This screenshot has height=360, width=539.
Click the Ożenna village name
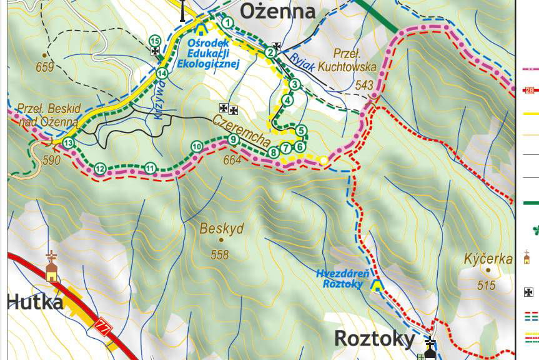tap(277, 11)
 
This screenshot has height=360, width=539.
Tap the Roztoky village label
tap(374, 338)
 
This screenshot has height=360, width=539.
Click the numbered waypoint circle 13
tap(68, 143)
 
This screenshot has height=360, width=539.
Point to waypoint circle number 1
tap(227, 23)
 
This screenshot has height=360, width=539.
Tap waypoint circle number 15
tap(155, 41)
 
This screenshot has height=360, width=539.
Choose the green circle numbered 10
tap(196, 147)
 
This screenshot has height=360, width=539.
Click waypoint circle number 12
tap(99, 168)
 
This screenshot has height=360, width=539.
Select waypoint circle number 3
tap(295, 85)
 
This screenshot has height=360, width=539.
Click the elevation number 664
tap(232, 161)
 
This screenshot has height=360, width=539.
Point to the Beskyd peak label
tap(222, 229)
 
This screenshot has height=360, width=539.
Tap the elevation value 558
tap(220, 254)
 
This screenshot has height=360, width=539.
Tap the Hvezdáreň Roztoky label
tap(343, 279)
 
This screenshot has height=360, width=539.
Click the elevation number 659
tap(45, 68)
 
